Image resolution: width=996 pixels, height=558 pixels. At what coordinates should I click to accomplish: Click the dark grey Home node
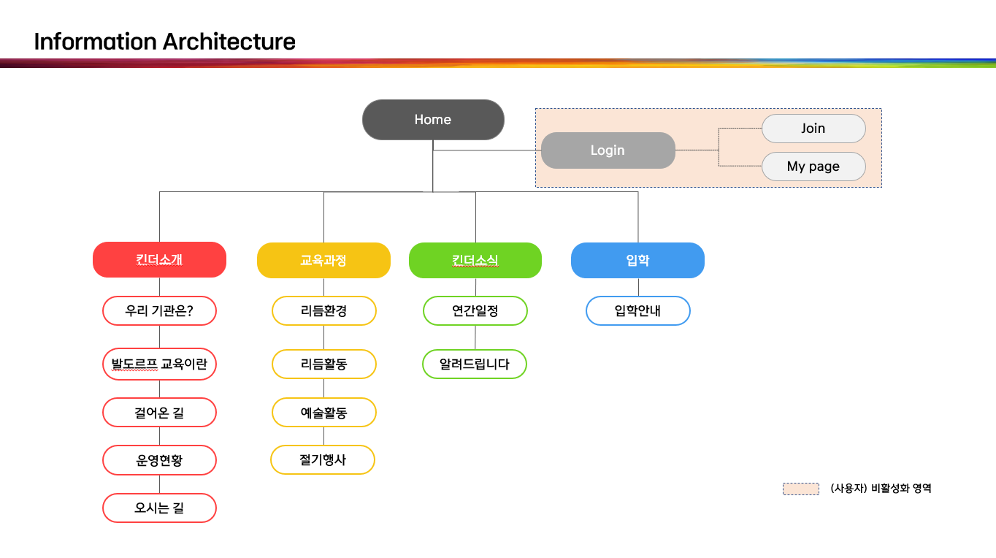click(x=433, y=120)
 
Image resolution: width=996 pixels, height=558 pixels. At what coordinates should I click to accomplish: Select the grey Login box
click(x=608, y=150)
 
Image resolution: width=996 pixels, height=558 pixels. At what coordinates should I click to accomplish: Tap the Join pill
click(x=813, y=129)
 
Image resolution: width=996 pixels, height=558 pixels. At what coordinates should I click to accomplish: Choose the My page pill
click(x=813, y=167)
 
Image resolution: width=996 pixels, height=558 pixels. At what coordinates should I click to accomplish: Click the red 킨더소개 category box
click(x=159, y=260)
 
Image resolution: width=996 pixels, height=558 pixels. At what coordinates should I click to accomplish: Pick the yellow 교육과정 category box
click(x=323, y=261)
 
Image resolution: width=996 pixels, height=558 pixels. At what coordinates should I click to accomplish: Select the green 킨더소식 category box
click(x=475, y=261)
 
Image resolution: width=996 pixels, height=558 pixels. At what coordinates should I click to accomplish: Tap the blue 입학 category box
click(x=637, y=261)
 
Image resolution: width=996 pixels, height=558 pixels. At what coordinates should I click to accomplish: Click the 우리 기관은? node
click(x=159, y=310)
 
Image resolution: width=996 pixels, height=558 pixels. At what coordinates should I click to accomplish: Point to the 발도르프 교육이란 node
click(x=159, y=364)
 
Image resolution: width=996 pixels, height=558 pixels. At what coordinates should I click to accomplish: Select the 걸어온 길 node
click(x=159, y=413)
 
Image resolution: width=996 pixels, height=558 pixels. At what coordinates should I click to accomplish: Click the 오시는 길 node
click(x=159, y=508)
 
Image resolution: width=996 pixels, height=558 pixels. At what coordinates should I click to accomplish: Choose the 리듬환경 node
click(x=323, y=311)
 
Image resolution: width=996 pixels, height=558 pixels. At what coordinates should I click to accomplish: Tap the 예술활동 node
click(x=323, y=413)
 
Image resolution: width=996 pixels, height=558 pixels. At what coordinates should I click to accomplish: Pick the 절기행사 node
click(x=323, y=460)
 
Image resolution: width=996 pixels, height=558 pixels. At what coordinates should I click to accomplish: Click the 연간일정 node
click(x=475, y=311)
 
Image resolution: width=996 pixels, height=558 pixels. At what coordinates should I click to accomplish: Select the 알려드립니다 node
click(x=475, y=364)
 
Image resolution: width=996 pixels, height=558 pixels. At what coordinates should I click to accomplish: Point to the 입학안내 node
click(x=637, y=311)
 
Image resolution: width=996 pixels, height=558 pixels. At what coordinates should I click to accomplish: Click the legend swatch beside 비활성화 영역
click(x=800, y=489)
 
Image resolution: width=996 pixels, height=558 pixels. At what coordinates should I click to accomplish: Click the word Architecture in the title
click(x=229, y=42)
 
